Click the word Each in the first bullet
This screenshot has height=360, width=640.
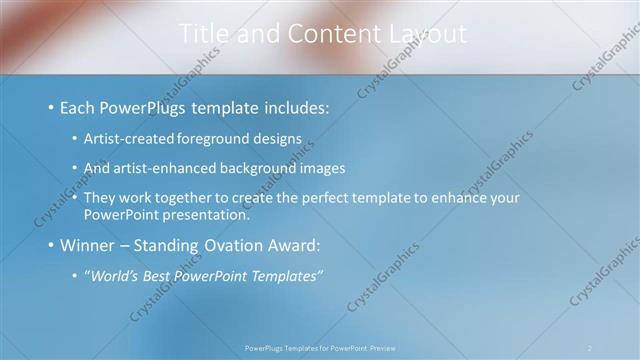(78, 107)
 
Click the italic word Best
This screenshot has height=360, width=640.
(161, 276)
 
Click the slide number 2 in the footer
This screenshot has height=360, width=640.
(590, 348)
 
